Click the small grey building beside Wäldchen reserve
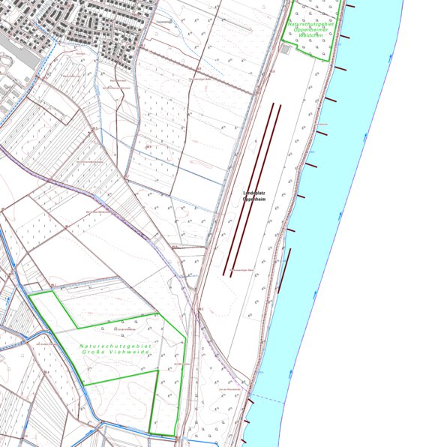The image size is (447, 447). [286, 49]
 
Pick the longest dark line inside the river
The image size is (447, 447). [284, 270]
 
